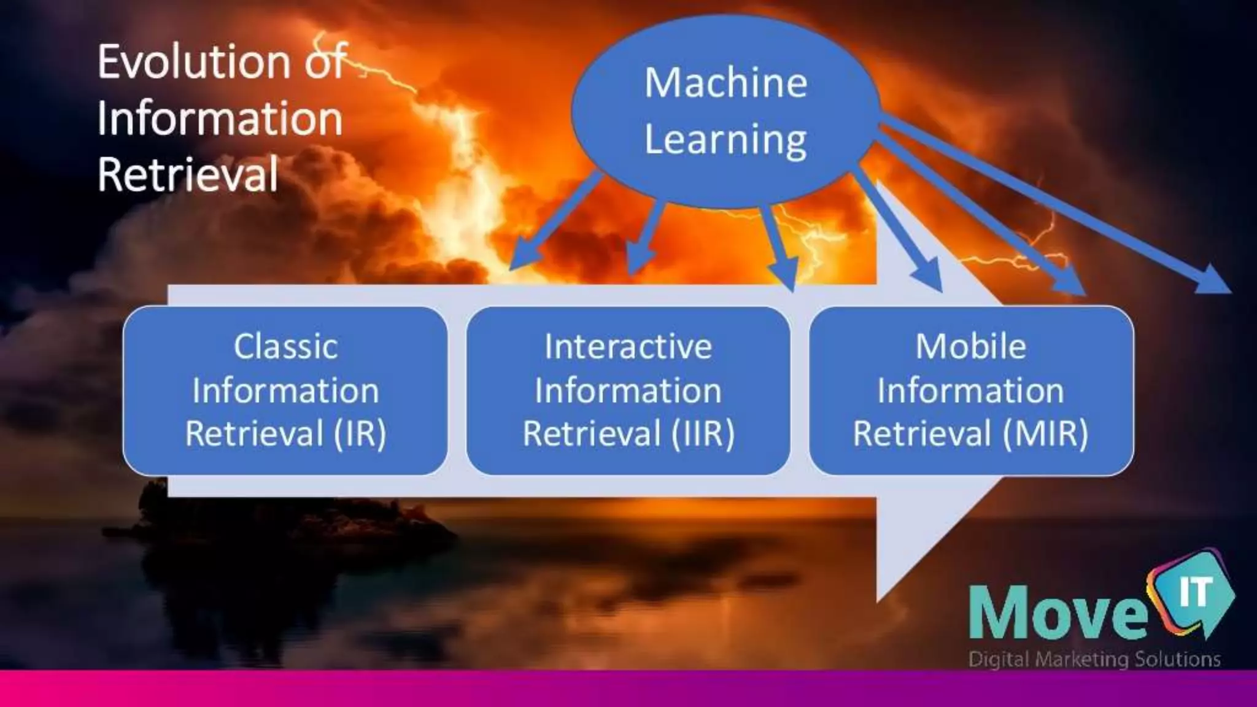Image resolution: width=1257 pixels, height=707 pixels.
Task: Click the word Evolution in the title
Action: [x=193, y=62]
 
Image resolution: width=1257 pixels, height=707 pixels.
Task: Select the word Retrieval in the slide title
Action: [x=188, y=175]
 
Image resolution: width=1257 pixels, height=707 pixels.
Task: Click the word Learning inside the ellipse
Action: [x=725, y=140]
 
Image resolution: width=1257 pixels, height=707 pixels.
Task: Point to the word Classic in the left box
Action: [x=285, y=347]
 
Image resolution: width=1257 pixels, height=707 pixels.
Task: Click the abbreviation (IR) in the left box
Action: [x=360, y=434]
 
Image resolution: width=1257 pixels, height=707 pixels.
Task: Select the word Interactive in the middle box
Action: [x=628, y=347]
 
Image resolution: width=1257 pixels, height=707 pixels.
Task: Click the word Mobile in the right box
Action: [x=970, y=347]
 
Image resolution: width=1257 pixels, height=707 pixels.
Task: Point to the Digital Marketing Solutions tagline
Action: [x=1094, y=660]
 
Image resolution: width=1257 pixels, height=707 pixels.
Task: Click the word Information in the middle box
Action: [x=628, y=391]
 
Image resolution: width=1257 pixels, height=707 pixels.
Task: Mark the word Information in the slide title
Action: [x=220, y=118]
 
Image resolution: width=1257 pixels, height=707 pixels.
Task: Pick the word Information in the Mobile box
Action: [x=970, y=391]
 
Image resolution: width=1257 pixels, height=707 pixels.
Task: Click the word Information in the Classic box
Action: [x=285, y=391]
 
